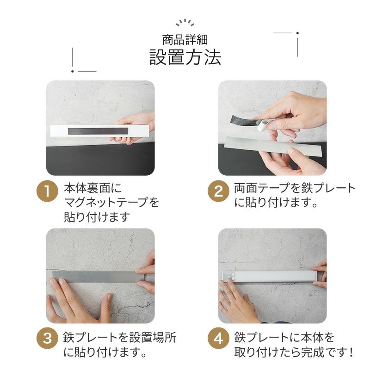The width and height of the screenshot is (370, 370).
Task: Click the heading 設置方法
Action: pos(185,57)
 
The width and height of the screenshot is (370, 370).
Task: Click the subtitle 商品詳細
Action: pos(185,39)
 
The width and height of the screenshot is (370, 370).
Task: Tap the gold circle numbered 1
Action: pos(47,191)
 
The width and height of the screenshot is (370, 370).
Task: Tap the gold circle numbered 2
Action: pos(218,191)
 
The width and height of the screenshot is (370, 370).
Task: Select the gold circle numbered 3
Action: pos(47,338)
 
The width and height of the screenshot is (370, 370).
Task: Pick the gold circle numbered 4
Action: pos(218,338)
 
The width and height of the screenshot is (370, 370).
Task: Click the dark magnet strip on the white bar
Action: pos(98,131)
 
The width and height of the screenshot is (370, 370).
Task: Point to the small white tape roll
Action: pos(261,126)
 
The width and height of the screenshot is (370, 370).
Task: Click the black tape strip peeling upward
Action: pos(244,119)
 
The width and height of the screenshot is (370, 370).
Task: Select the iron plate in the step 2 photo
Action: pos(273,146)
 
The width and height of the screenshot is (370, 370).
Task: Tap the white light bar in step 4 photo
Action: pos(269,276)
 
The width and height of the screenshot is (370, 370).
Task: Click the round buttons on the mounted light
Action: pos(231,277)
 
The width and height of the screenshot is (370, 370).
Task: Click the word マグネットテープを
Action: pos(111,202)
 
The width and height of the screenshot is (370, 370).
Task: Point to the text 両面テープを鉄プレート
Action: pos(295,188)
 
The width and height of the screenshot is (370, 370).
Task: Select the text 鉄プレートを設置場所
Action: pos(119,337)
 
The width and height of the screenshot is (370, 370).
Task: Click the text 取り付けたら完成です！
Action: pos(293,352)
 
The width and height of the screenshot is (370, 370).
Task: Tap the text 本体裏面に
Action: pos(93,188)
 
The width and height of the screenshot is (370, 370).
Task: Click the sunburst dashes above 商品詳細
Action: pos(185,22)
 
